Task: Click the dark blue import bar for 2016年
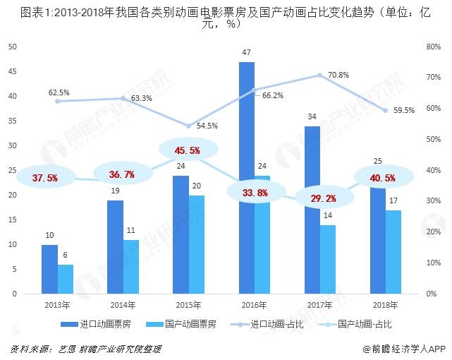pos(246,176)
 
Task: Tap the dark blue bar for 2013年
pos(49,268)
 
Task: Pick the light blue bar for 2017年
pos(328,258)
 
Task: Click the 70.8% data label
pos(338,75)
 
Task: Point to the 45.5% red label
pos(185,150)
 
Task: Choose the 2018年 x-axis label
pos(384,305)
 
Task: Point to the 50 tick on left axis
pos(12,47)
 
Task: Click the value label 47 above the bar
pos(246,53)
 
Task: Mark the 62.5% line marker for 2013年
pos(57,101)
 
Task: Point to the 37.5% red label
pos(44,177)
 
